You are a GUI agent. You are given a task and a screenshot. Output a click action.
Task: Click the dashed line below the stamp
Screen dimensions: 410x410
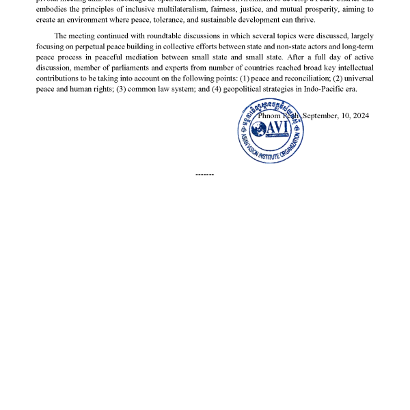(x=204, y=174)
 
